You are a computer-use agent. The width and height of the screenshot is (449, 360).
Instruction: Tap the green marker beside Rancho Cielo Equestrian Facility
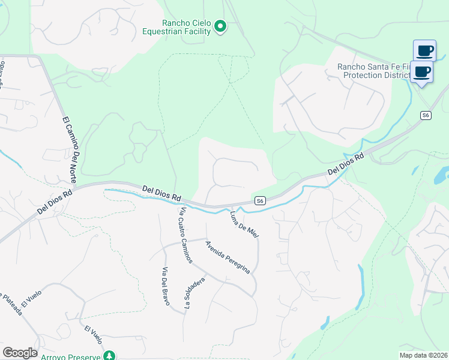pyautogui.click(x=220, y=26)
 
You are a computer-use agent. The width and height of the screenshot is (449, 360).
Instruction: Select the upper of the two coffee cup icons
pyautogui.click(x=424, y=50)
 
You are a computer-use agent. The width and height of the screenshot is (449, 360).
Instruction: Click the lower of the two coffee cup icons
pyautogui.click(x=422, y=72)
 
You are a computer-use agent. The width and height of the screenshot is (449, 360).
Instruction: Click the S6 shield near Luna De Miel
pyautogui.click(x=259, y=201)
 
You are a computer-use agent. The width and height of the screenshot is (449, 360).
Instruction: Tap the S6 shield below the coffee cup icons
pyautogui.click(x=426, y=115)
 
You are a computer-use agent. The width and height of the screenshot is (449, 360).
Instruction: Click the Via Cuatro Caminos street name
pyautogui.click(x=185, y=235)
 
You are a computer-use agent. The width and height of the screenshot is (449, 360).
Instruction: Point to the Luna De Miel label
pyautogui.click(x=244, y=224)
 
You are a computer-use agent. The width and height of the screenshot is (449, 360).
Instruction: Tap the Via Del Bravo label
pyautogui.click(x=164, y=286)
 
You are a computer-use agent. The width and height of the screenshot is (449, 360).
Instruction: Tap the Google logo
pyautogui.click(x=20, y=353)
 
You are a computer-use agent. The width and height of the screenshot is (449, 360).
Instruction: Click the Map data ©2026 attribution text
pyautogui.click(x=424, y=355)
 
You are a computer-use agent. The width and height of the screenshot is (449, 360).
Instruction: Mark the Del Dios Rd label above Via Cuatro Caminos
pyautogui.click(x=162, y=193)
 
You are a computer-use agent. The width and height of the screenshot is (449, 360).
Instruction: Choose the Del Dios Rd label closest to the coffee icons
pyautogui.click(x=346, y=164)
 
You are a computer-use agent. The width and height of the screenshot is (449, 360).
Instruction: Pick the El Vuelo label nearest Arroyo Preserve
pyautogui.click(x=93, y=335)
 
